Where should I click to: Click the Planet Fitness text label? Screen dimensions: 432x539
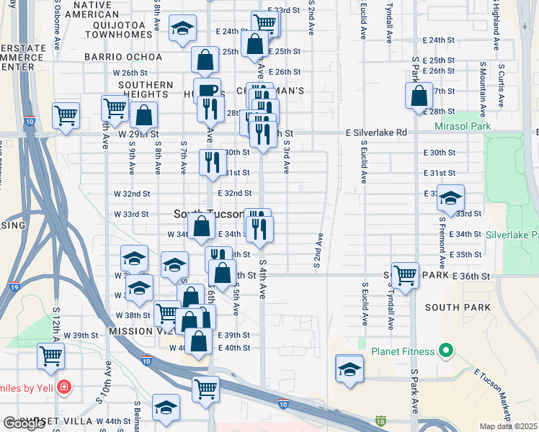coord(403,351)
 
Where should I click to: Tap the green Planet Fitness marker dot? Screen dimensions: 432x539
coord(445,351)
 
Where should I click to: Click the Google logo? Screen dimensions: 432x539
coord(24,423)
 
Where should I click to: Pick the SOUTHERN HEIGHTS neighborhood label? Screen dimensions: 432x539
coord(148,89)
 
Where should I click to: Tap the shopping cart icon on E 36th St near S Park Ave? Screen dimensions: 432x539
coord(406,274)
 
